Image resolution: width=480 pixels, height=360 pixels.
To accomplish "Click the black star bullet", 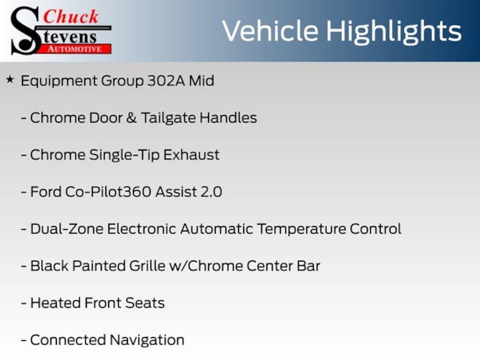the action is tap(10, 80).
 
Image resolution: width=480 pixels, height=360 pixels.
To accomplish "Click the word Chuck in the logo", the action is tap(71, 16).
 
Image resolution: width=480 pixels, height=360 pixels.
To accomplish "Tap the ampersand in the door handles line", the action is tap(131, 118).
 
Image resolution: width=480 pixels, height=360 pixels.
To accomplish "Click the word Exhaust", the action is tap(191, 155).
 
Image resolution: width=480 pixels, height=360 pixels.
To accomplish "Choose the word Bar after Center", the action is tap(308, 266).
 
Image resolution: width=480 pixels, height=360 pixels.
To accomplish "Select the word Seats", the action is tap(145, 303).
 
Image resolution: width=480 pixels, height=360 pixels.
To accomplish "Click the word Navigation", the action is tap(147, 340).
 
